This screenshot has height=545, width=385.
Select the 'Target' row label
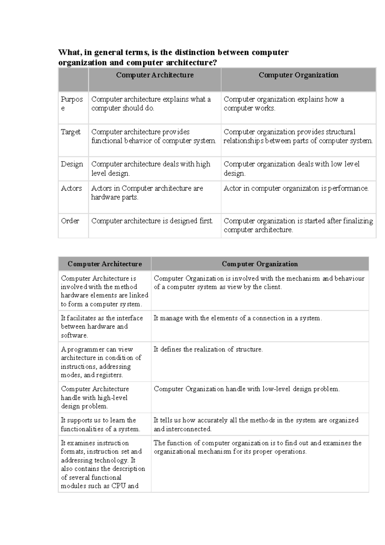71,132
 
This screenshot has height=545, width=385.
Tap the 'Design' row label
72,164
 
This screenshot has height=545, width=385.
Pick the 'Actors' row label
71,188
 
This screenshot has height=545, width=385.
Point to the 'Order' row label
70,221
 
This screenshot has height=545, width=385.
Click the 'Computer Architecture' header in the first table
155,75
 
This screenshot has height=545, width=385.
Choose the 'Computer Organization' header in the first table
298,75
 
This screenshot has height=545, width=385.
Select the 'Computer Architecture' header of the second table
105,264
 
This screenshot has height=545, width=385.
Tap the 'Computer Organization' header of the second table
260,264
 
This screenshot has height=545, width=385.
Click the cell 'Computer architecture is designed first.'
152,221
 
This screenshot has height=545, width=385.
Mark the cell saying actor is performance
296,188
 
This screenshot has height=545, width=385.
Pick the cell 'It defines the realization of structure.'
208,349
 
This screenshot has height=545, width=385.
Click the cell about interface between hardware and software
102,326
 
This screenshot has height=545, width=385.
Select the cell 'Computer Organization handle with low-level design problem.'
246,389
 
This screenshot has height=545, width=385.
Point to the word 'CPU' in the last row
118,486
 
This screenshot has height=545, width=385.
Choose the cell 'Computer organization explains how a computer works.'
284,104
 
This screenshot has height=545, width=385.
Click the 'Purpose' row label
72,103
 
